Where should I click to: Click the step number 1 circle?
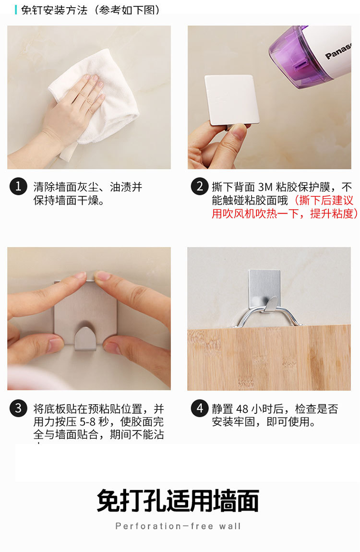(18, 186)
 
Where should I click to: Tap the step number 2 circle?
(200, 186)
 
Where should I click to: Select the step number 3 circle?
(18, 408)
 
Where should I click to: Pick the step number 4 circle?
(200, 408)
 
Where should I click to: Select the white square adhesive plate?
(231, 99)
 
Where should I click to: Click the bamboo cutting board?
(269, 360)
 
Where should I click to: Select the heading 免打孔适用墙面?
(178, 501)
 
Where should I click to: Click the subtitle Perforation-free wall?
(178, 526)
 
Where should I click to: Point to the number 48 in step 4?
(242, 409)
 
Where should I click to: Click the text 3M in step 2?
(264, 187)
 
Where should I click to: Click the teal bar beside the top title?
(16, 10)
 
